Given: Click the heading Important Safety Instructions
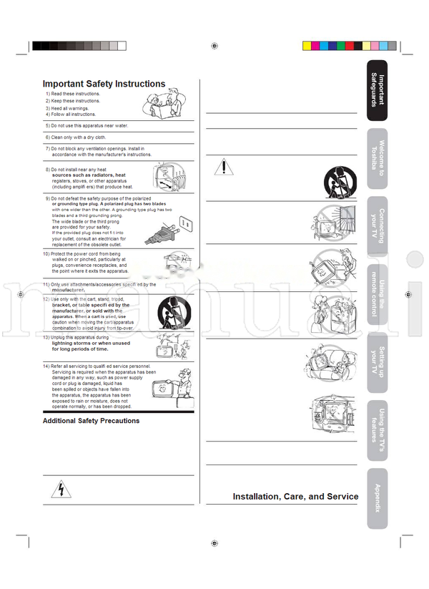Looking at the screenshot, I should click(x=104, y=84).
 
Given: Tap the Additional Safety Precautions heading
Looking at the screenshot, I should click(x=91, y=421).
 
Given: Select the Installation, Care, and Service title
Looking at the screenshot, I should click(x=295, y=496).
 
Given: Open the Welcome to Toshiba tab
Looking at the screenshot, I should click(x=377, y=158).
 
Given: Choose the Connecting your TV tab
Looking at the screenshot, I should click(x=377, y=225).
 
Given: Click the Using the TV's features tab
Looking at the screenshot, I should click(x=377, y=429).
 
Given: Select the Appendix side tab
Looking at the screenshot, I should click(x=377, y=498).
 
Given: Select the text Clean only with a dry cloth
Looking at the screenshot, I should click(x=78, y=137).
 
